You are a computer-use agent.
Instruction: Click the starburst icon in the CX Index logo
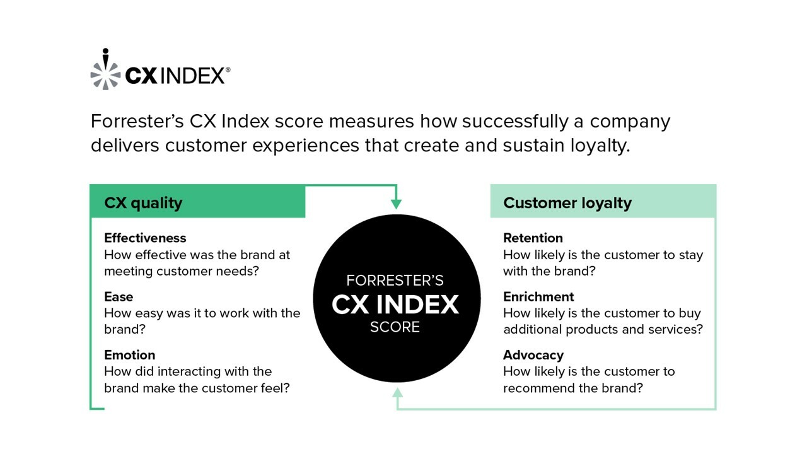point(105,69)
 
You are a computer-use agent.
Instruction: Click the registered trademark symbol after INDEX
point(228,71)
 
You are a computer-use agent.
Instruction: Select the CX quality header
point(143,202)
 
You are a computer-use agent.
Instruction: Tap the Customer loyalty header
point(567,202)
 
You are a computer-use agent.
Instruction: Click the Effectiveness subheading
point(145,238)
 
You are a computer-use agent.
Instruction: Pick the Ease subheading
point(119,296)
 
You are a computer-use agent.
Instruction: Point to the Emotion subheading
point(129,355)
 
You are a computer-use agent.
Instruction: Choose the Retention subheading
point(533,238)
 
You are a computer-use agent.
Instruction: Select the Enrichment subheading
point(538,296)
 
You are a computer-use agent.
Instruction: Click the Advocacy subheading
point(533,355)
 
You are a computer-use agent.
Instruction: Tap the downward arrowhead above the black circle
point(396,204)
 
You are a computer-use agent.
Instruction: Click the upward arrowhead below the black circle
point(397,393)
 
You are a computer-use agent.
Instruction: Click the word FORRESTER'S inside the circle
point(395,280)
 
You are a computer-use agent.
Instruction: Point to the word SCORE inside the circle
point(395,327)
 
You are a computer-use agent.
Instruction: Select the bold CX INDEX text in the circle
point(395,305)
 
